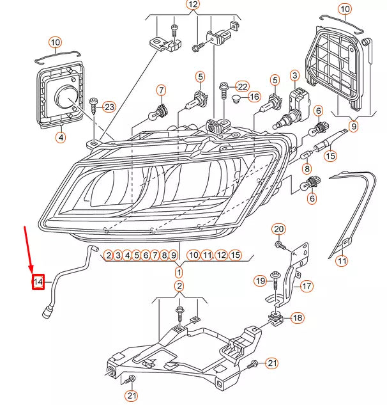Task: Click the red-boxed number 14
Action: pyautogui.click(x=38, y=280)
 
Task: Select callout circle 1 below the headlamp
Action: pyautogui.click(x=179, y=273)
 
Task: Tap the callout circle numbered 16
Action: pyautogui.click(x=254, y=97)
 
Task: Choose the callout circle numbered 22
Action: pyautogui.click(x=241, y=86)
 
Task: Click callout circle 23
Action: pyautogui.click(x=109, y=106)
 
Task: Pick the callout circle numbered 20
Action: pyautogui.click(x=278, y=229)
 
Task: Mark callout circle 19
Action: pyautogui.click(x=259, y=280)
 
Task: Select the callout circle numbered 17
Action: pyautogui.click(x=307, y=286)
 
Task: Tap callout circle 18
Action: pyautogui.click(x=298, y=318)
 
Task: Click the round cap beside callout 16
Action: pyautogui.click(x=236, y=99)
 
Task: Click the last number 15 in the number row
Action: pyautogui.click(x=236, y=255)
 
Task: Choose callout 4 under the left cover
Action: pyautogui.click(x=60, y=137)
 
